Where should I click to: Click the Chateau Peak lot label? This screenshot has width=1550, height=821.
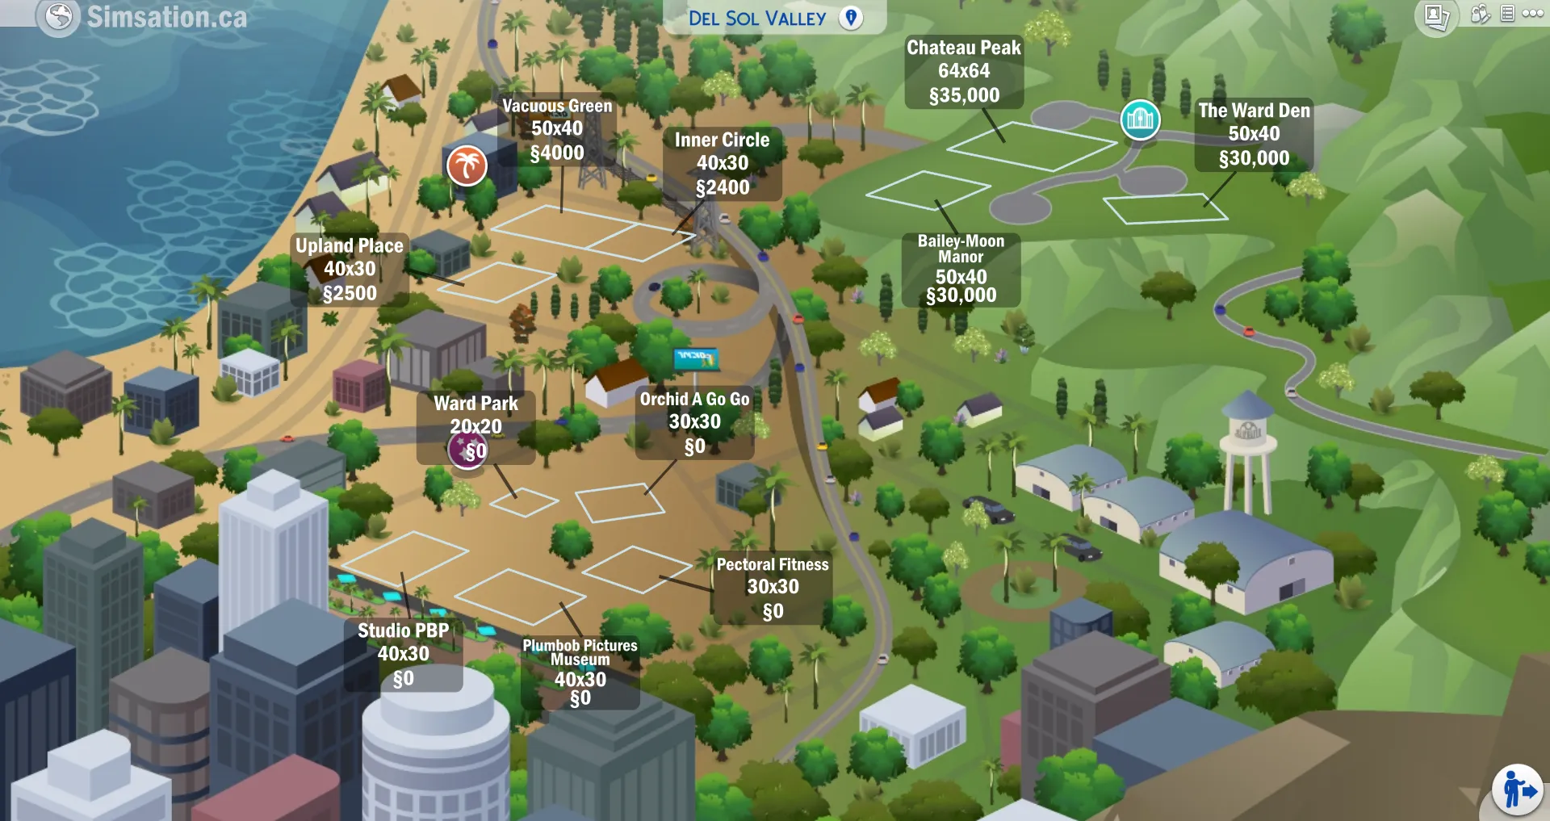coord(963,48)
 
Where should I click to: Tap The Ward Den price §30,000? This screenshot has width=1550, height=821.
coord(1254,158)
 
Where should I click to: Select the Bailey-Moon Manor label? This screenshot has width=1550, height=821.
coord(961,249)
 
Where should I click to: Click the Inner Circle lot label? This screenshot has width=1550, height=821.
coord(722,140)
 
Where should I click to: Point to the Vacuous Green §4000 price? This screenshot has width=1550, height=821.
coord(557,153)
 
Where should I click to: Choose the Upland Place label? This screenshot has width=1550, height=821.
coord(349,246)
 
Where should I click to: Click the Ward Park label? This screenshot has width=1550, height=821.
coord(475,404)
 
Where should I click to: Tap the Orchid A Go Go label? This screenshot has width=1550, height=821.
coord(694,400)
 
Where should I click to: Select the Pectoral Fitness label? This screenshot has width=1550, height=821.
coord(773,565)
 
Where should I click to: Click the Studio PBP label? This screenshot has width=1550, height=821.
coord(403,631)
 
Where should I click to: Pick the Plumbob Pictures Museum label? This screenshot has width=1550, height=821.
coord(580,652)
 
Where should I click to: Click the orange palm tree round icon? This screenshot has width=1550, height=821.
coord(467,165)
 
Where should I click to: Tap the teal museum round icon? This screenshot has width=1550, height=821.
coord(1140,119)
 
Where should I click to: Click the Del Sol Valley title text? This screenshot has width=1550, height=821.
coord(756,19)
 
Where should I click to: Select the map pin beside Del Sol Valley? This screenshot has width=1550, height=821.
coord(851,18)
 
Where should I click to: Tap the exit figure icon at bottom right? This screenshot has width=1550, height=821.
coord(1517,790)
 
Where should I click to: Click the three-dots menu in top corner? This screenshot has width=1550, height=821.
coord(1532,14)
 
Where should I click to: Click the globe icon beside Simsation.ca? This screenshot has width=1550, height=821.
coord(59,16)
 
